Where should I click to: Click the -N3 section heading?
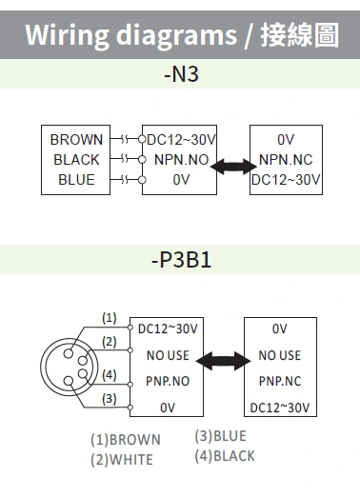tap(180, 74)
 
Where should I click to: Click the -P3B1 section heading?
tap(180, 258)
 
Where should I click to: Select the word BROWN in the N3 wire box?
tap(76, 140)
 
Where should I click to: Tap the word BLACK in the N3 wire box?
tap(76, 160)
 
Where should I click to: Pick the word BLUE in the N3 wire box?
tap(76, 179)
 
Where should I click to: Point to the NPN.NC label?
tap(286, 160)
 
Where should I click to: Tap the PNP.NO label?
tap(168, 381)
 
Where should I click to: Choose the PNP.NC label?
tap(279, 381)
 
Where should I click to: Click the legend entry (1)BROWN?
tap(126, 440)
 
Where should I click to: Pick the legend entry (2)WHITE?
tap(122, 459)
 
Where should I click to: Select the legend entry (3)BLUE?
tap(220, 436)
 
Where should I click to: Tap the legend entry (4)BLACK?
tap(224, 455)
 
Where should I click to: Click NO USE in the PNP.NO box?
tap(168, 355)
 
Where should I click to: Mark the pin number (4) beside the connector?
tap(110, 374)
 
